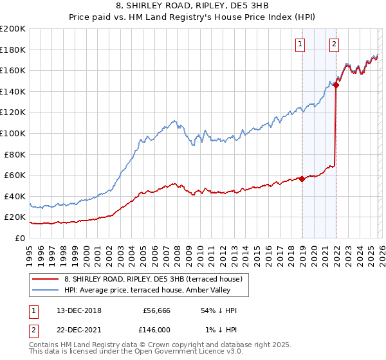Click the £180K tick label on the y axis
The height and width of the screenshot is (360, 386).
13,50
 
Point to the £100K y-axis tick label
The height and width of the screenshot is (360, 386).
13,133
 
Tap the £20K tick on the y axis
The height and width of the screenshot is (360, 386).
15,217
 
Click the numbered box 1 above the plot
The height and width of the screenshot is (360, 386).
300,44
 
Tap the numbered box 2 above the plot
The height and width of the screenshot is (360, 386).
335,44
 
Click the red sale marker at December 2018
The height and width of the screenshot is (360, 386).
302,179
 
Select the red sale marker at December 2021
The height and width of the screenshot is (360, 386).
336,85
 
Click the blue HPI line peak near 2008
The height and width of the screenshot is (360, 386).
174,120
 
